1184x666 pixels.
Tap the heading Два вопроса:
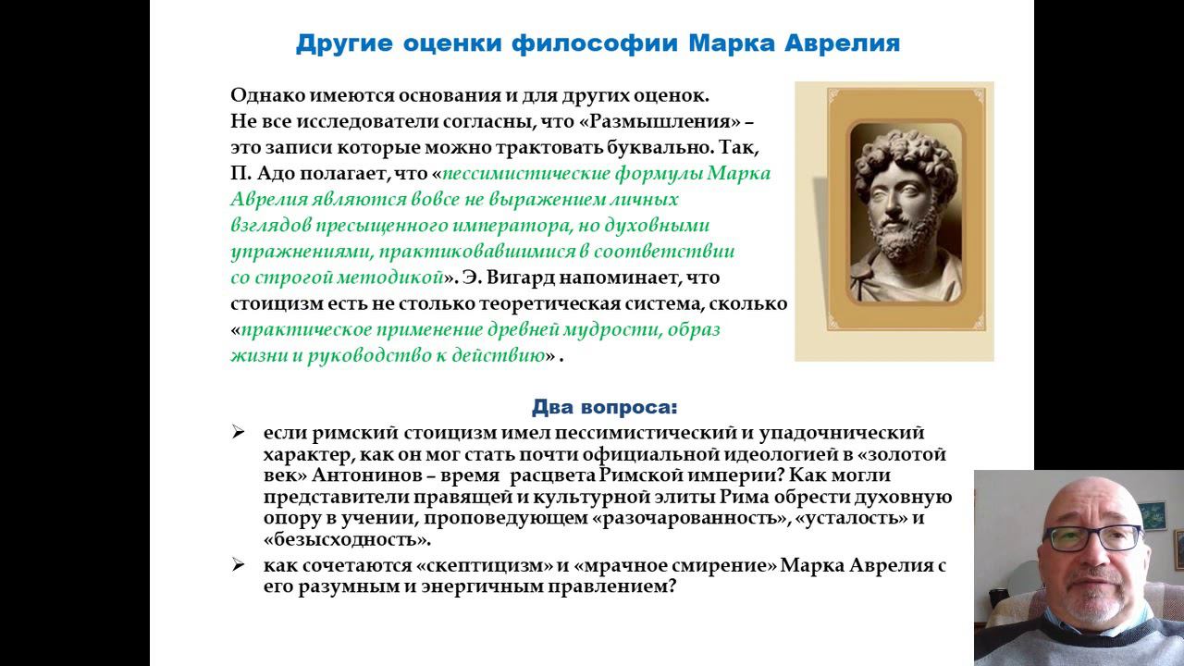point(604,407)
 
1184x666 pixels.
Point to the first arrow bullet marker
point(238,432)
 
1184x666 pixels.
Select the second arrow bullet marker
point(238,565)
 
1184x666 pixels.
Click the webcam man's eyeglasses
point(1091,537)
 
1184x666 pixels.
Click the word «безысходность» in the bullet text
point(346,540)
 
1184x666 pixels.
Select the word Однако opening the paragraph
point(264,95)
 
